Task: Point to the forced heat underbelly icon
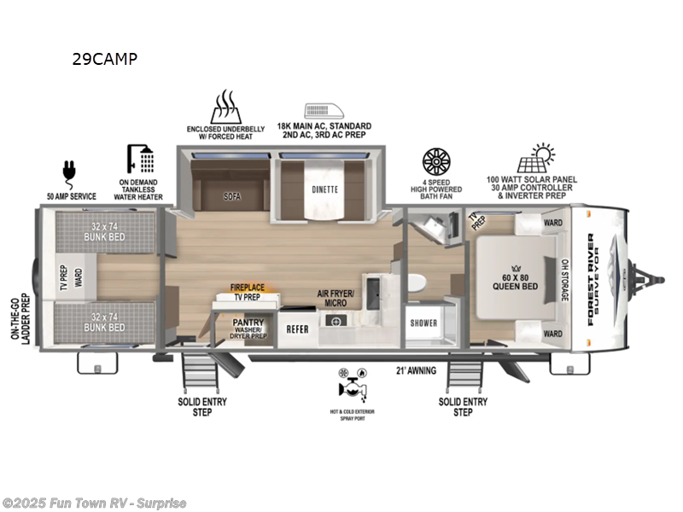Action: pos(225,107)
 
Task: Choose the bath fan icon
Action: pos(435,163)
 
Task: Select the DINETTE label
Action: pos(324,189)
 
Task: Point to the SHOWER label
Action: pos(423,323)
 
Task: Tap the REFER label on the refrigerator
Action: pos(297,328)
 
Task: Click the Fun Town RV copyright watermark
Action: pos(94,503)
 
